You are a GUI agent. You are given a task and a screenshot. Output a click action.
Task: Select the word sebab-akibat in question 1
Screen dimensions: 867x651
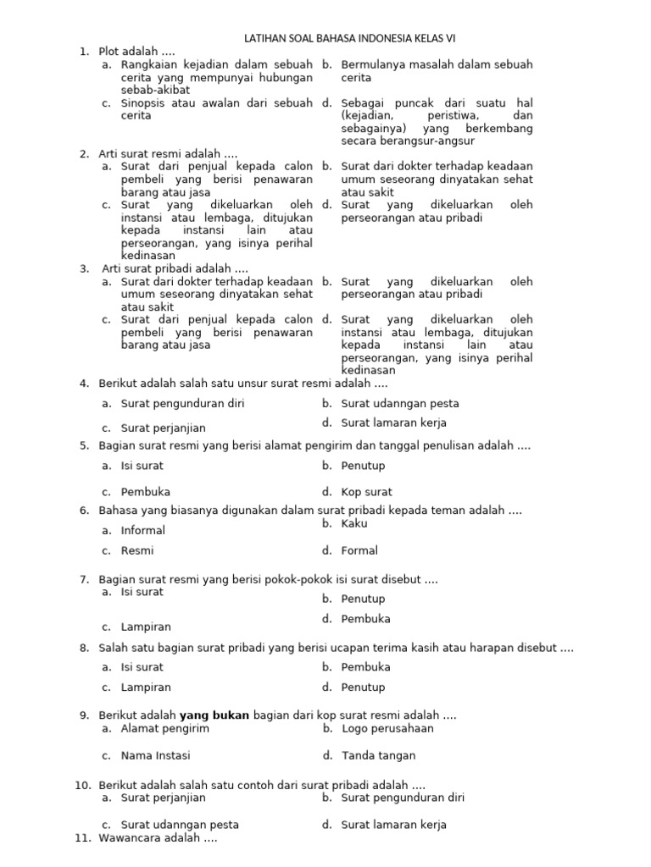point(155,90)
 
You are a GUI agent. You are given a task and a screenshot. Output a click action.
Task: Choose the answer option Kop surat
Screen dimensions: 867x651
point(366,492)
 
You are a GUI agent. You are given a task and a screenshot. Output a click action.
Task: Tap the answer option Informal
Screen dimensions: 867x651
point(142,531)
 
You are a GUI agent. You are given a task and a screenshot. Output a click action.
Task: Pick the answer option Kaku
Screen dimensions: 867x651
point(354,524)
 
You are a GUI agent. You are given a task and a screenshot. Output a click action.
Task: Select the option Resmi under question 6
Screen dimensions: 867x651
point(137,551)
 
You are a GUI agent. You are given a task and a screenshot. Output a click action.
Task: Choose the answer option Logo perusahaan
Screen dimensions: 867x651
point(387,729)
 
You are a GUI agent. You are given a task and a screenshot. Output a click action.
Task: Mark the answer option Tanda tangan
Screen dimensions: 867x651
point(378,756)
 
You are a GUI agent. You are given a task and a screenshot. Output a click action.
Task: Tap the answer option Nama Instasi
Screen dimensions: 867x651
point(155,756)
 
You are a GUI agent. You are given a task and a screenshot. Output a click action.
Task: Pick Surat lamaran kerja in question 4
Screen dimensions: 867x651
point(393,423)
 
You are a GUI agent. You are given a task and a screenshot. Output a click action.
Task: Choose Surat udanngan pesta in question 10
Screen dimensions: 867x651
point(180,825)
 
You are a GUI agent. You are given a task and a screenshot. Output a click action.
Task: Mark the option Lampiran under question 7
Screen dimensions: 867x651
point(146,627)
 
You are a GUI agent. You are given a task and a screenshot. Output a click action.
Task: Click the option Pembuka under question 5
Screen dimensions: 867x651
point(145,492)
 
